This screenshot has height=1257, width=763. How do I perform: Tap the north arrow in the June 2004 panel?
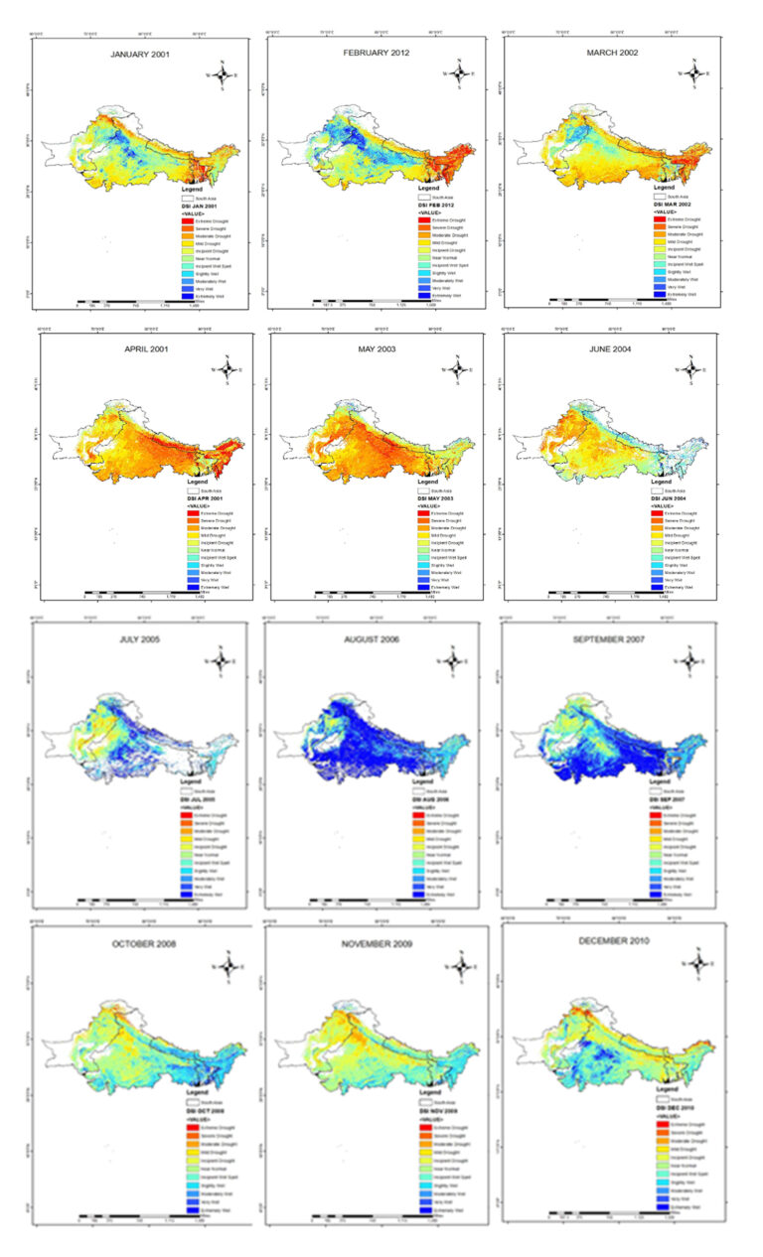pyautogui.click(x=693, y=369)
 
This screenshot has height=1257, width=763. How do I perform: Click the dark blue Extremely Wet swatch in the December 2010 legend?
pyautogui.click(x=660, y=1202)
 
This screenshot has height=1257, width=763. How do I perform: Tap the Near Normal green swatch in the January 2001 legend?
pyautogui.click(x=196, y=260)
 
